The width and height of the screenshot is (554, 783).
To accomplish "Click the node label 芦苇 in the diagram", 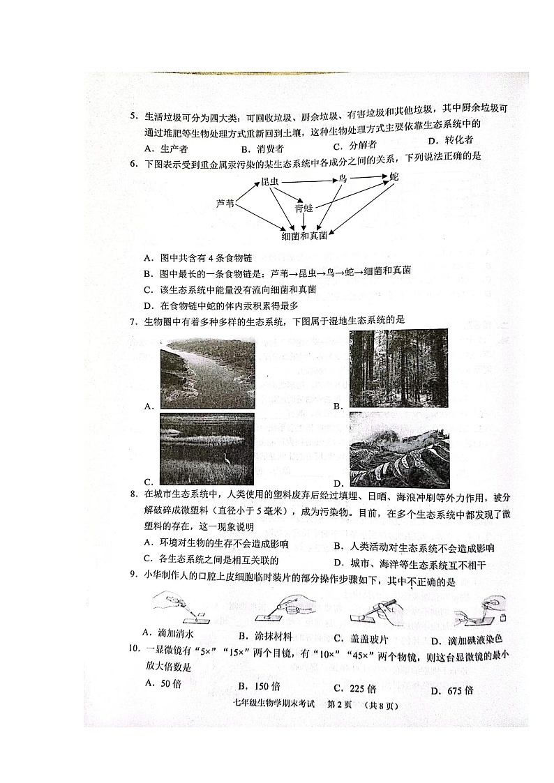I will click(x=225, y=204).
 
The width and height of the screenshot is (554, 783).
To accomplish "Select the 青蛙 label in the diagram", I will click(x=304, y=208).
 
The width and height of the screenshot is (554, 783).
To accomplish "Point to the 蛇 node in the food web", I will click(x=394, y=176).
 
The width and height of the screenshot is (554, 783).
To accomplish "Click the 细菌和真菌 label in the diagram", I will click(x=304, y=236).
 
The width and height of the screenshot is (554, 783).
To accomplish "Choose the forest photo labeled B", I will click(x=399, y=367).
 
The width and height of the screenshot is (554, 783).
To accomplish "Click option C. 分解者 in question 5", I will click(x=354, y=146).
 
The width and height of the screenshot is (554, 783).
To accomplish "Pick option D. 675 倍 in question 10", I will click(x=451, y=690).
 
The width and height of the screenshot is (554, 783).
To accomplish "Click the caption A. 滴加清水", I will click(x=169, y=632).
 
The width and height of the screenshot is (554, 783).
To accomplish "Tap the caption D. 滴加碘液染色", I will click(x=465, y=639).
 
